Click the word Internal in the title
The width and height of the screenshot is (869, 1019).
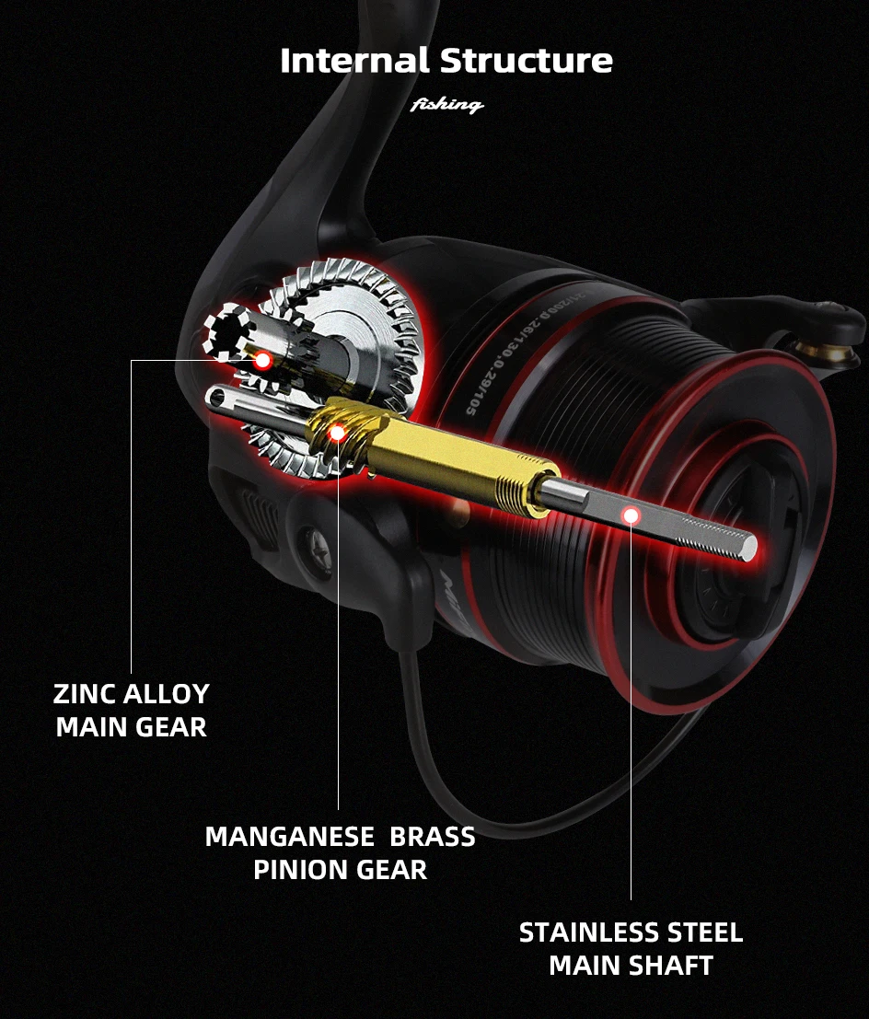click(x=354, y=61)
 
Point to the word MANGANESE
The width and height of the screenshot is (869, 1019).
click(x=289, y=837)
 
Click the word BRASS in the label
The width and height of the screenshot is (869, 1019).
click(x=432, y=837)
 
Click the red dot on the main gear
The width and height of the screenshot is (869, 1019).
click(x=262, y=360)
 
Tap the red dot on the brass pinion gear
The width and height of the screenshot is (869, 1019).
click(x=337, y=432)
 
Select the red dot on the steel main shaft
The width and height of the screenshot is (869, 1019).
click(x=631, y=515)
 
